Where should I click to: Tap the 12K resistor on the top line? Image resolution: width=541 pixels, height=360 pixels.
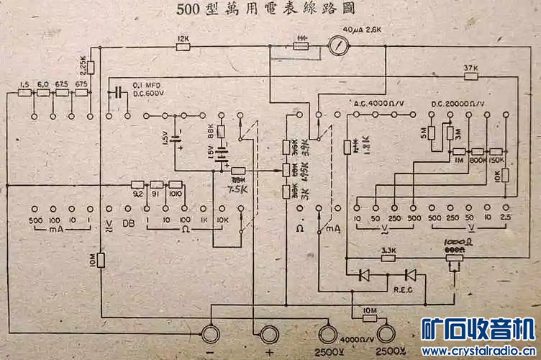click(183, 48)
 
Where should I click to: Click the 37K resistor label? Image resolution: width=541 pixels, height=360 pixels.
click(470, 68)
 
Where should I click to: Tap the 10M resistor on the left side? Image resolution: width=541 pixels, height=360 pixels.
click(101, 260)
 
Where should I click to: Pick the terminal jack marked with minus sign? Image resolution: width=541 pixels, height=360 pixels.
click(212, 335)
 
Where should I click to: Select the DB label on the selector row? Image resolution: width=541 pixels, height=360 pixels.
click(129, 222)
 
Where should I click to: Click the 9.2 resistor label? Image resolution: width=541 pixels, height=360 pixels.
click(137, 194)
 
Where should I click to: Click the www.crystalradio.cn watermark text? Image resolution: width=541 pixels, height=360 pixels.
click(478, 351)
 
